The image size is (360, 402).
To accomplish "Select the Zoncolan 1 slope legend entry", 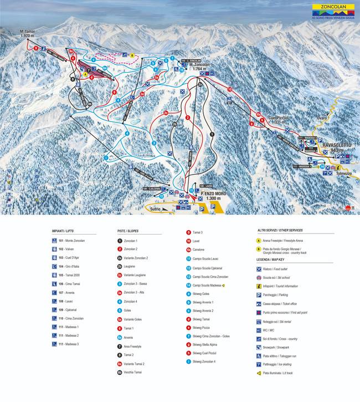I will (131, 241).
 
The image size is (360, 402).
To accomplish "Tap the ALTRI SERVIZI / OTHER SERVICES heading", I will (280, 230).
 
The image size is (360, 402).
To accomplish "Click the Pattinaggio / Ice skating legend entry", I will (284, 365).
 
